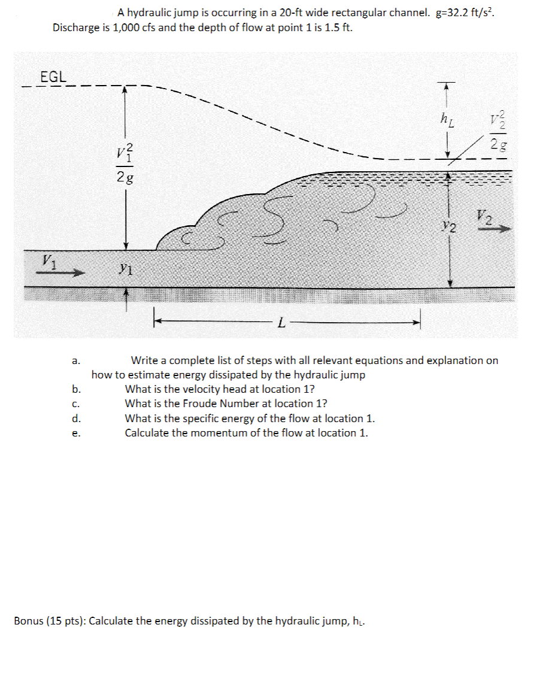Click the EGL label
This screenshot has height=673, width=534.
pos(53,77)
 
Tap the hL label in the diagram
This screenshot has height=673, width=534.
pos(447,120)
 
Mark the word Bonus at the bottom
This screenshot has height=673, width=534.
pos(29,620)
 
